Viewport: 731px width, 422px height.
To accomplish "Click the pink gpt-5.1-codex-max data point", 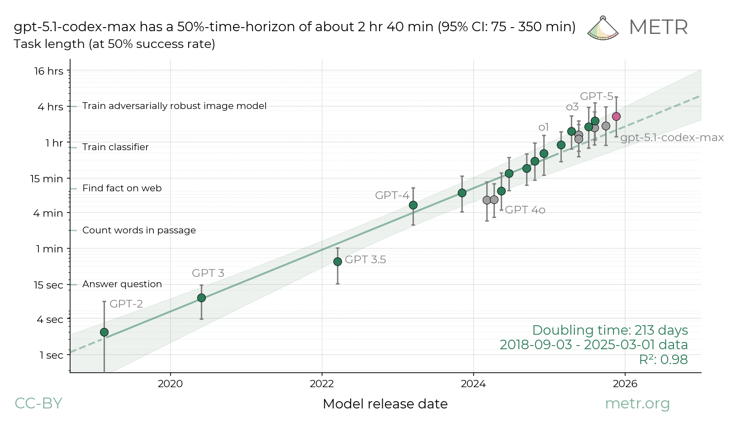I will (616, 117).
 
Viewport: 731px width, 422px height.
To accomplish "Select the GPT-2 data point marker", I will (104, 332).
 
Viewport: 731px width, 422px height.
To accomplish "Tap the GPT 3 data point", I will (201, 298).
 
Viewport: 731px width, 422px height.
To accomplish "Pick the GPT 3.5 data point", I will (337, 261).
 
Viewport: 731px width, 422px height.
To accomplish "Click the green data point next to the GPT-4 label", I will (413, 205).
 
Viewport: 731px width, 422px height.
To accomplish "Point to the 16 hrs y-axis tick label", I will (49, 71).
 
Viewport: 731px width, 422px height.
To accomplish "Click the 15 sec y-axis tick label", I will (48, 285).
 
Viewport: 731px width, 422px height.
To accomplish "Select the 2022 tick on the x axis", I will (322, 384).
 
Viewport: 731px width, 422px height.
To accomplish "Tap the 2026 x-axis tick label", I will (625, 384).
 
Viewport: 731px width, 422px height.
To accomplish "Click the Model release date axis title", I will (385, 404).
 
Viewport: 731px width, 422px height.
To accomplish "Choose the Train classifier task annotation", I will (115, 147).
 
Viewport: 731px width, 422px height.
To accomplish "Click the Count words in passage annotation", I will (139, 230).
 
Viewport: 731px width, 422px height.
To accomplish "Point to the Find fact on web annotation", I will (122, 188).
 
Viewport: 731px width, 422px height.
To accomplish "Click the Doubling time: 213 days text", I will (610, 330).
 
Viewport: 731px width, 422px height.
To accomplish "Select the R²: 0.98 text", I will (663, 360).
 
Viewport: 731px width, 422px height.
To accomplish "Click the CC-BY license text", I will (38, 403).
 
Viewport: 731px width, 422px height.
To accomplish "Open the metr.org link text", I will (637, 403).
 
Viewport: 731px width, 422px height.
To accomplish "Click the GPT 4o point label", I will (525, 210).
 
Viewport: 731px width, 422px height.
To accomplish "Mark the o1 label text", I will (543, 127).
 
